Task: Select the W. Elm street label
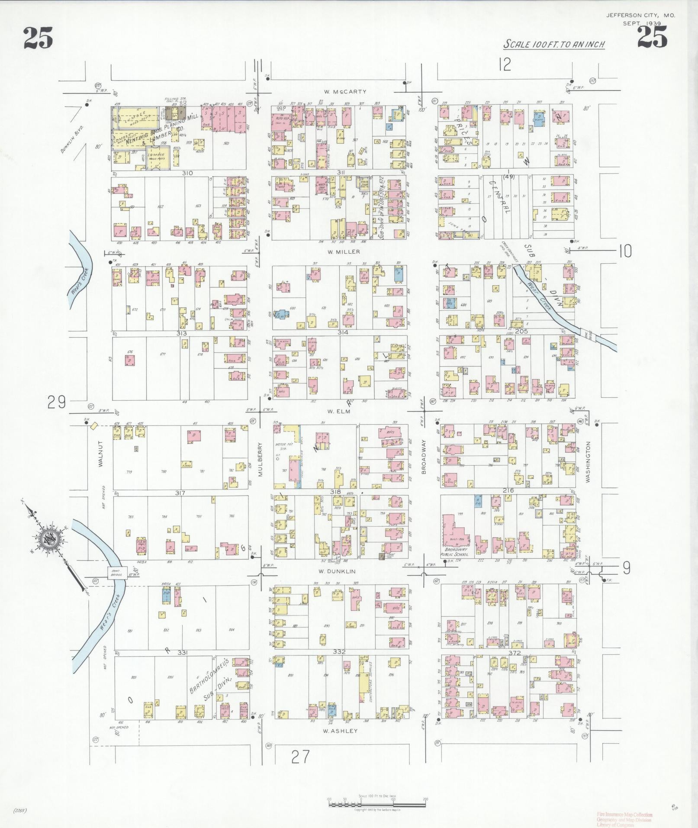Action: (x=339, y=412)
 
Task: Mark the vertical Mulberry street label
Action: (x=261, y=459)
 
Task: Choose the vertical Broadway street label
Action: (x=424, y=457)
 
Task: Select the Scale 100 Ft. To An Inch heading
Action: (x=553, y=44)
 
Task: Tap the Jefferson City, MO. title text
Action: (x=640, y=15)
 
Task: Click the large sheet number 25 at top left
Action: (x=38, y=38)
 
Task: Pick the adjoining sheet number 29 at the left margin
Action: (x=57, y=403)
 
